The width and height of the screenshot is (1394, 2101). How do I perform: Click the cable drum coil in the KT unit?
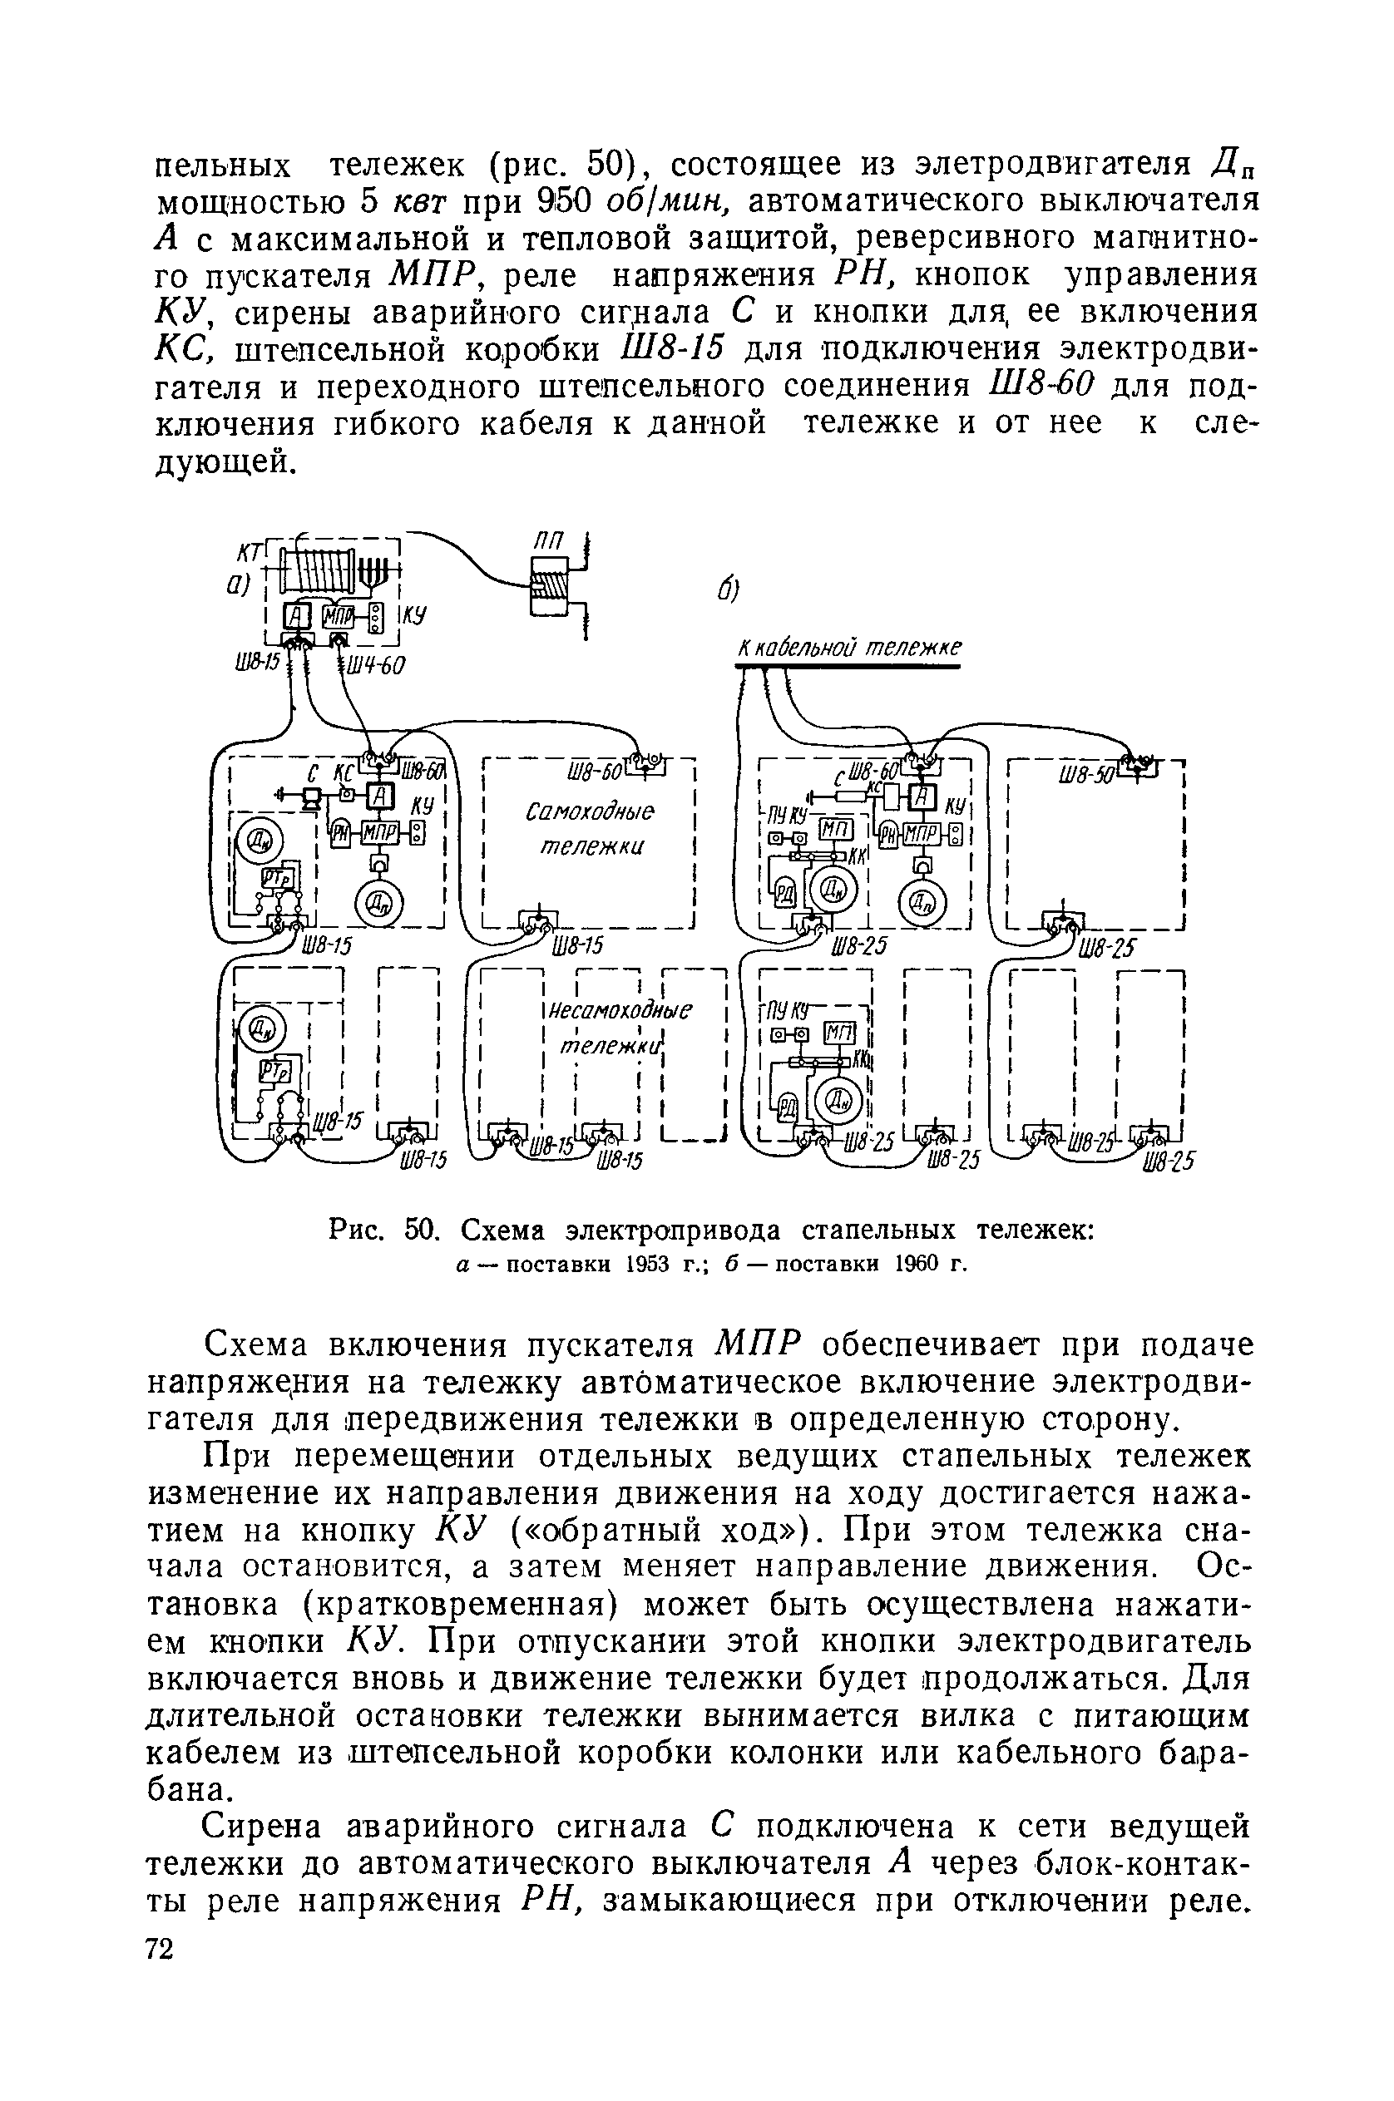[x=318, y=565]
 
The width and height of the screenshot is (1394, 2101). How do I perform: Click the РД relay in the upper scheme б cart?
[x=786, y=892]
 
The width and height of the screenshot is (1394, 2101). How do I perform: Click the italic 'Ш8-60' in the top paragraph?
[x=1041, y=387]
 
